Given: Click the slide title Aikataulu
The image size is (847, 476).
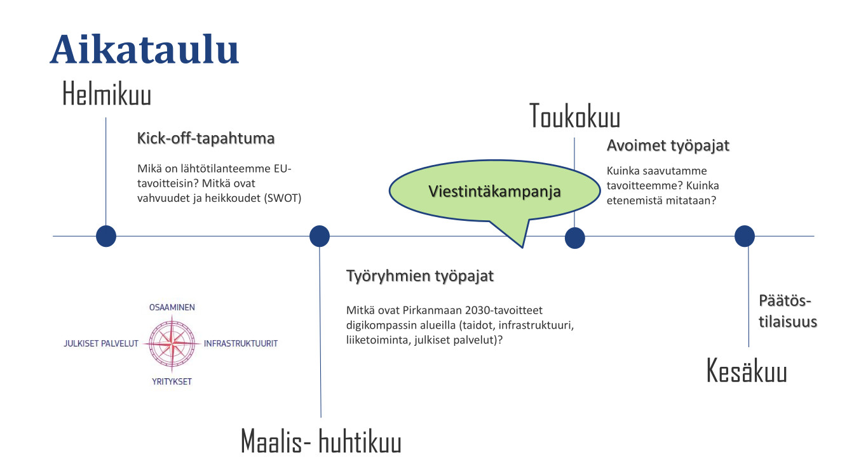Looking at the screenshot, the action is [144, 50].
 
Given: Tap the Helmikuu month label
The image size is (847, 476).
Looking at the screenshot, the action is [107, 93].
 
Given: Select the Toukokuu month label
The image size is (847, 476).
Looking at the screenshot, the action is [575, 116].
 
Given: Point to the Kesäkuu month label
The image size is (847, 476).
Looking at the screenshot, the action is [747, 371].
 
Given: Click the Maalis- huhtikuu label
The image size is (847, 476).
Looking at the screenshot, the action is [321, 440].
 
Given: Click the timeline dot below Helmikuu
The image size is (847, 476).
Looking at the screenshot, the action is [106, 236].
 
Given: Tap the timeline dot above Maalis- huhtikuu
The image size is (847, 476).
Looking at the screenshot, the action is [320, 236].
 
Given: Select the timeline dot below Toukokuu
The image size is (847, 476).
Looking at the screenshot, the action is [575, 238].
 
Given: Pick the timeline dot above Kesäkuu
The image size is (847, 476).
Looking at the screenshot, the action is [745, 236].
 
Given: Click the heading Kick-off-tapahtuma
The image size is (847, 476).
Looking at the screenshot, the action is [206, 138].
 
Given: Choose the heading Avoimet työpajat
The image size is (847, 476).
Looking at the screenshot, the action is [668, 145].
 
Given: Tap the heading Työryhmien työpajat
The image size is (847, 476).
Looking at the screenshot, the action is [420, 276].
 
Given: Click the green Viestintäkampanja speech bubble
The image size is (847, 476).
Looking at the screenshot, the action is [494, 191].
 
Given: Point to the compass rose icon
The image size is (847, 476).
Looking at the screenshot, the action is [172, 343].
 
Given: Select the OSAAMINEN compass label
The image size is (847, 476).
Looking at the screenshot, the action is [172, 308].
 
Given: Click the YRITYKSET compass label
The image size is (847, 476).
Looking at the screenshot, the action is [172, 381].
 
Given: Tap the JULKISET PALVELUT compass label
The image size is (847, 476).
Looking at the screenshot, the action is [101, 343].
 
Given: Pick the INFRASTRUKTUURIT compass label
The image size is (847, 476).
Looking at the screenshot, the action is [241, 343].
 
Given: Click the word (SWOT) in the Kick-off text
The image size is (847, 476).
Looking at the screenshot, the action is [283, 198].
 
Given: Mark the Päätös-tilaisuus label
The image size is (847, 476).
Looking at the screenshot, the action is [788, 311].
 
